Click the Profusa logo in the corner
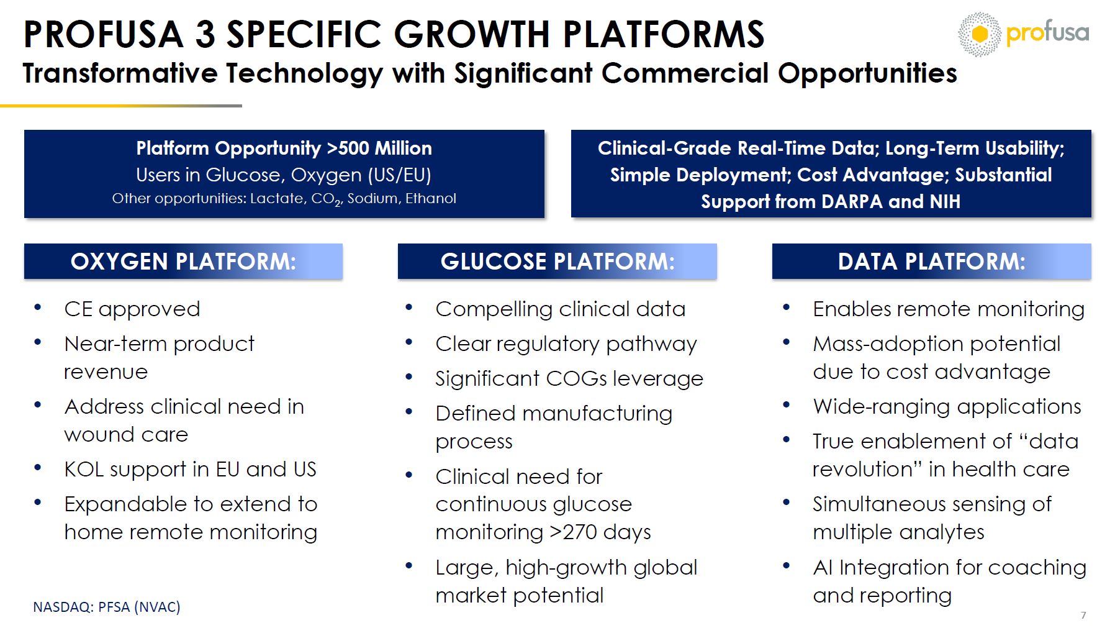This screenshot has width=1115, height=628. click(x=1023, y=34)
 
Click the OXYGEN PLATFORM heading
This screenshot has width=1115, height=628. click(x=183, y=262)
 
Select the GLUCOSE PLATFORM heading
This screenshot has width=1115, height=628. click(x=557, y=262)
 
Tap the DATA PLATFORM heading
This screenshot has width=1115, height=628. click(x=931, y=262)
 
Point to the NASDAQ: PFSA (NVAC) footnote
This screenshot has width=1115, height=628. click(x=107, y=607)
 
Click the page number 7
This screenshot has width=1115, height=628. click(x=1083, y=615)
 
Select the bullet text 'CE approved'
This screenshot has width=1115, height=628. click(x=132, y=309)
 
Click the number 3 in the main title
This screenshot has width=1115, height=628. click(x=205, y=34)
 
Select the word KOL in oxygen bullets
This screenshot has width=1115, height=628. click(x=84, y=469)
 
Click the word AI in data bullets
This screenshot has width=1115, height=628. click(x=823, y=567)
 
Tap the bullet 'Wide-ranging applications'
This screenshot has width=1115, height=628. click(x=947, y=407)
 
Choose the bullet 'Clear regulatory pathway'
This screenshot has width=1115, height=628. click(x=566, y=344)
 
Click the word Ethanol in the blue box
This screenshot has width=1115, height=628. click(x=431, y=198)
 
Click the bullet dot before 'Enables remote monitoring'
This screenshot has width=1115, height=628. click(x=787, y=307)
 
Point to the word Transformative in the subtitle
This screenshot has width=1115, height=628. click(x=120, y=73)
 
